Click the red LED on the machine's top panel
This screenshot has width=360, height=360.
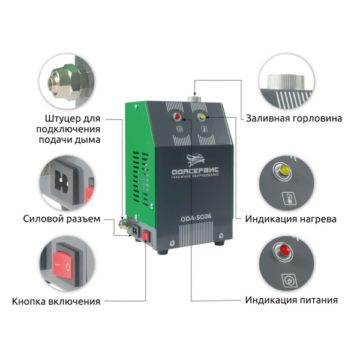[178, 116]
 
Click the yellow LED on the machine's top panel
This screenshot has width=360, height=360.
[202, 116]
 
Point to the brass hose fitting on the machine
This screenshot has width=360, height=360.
[124, 224]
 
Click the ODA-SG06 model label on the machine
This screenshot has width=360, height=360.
[196, 218]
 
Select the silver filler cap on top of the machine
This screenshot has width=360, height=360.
[194, 99]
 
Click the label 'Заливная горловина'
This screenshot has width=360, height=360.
[294, 118]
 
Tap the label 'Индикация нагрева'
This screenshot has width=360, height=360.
[291, 219]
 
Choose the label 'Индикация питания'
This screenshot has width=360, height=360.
[292, 300]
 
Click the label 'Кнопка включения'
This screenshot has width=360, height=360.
[56, 301]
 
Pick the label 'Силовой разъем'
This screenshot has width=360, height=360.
[62, 219]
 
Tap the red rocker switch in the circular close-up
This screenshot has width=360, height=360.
[62, 265]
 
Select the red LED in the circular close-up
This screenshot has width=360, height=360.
[284, 249]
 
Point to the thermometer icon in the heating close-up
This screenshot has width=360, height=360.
[289, 198]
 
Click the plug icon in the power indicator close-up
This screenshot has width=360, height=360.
[289, 280]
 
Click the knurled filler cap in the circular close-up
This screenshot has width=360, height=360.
[286, 82]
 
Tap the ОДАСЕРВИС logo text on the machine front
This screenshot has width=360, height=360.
[196, 171]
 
